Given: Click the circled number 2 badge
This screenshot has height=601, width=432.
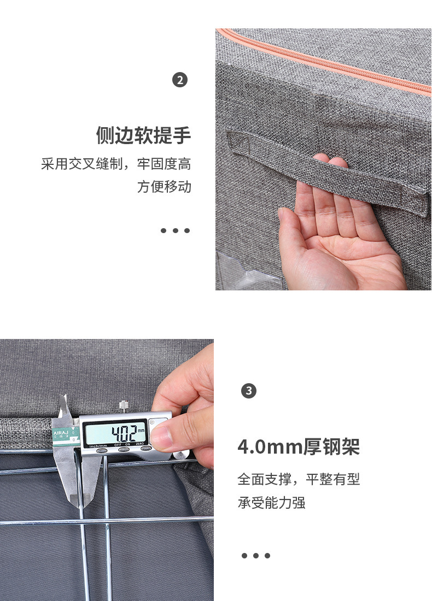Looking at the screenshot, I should [x=180, y=80].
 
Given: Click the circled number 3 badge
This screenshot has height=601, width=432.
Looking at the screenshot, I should [x=249, y=391].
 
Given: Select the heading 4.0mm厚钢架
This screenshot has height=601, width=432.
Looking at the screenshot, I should [x=299, y=447].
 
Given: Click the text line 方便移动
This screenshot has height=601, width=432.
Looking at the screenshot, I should [x=164, y=187].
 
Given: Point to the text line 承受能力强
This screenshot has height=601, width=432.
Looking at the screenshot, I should [x=271, y=503].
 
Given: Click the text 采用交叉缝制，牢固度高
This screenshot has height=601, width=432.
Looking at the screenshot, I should [x=116, y=164].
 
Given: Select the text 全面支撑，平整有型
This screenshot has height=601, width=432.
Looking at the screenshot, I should [x=299, y=479].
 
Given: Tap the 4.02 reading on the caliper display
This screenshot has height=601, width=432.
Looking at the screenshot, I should [x=123, y=433].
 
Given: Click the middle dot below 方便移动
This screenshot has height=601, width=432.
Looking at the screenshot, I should [x=175, y=230].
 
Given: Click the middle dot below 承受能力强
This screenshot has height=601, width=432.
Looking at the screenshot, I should [x=255, y=556].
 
